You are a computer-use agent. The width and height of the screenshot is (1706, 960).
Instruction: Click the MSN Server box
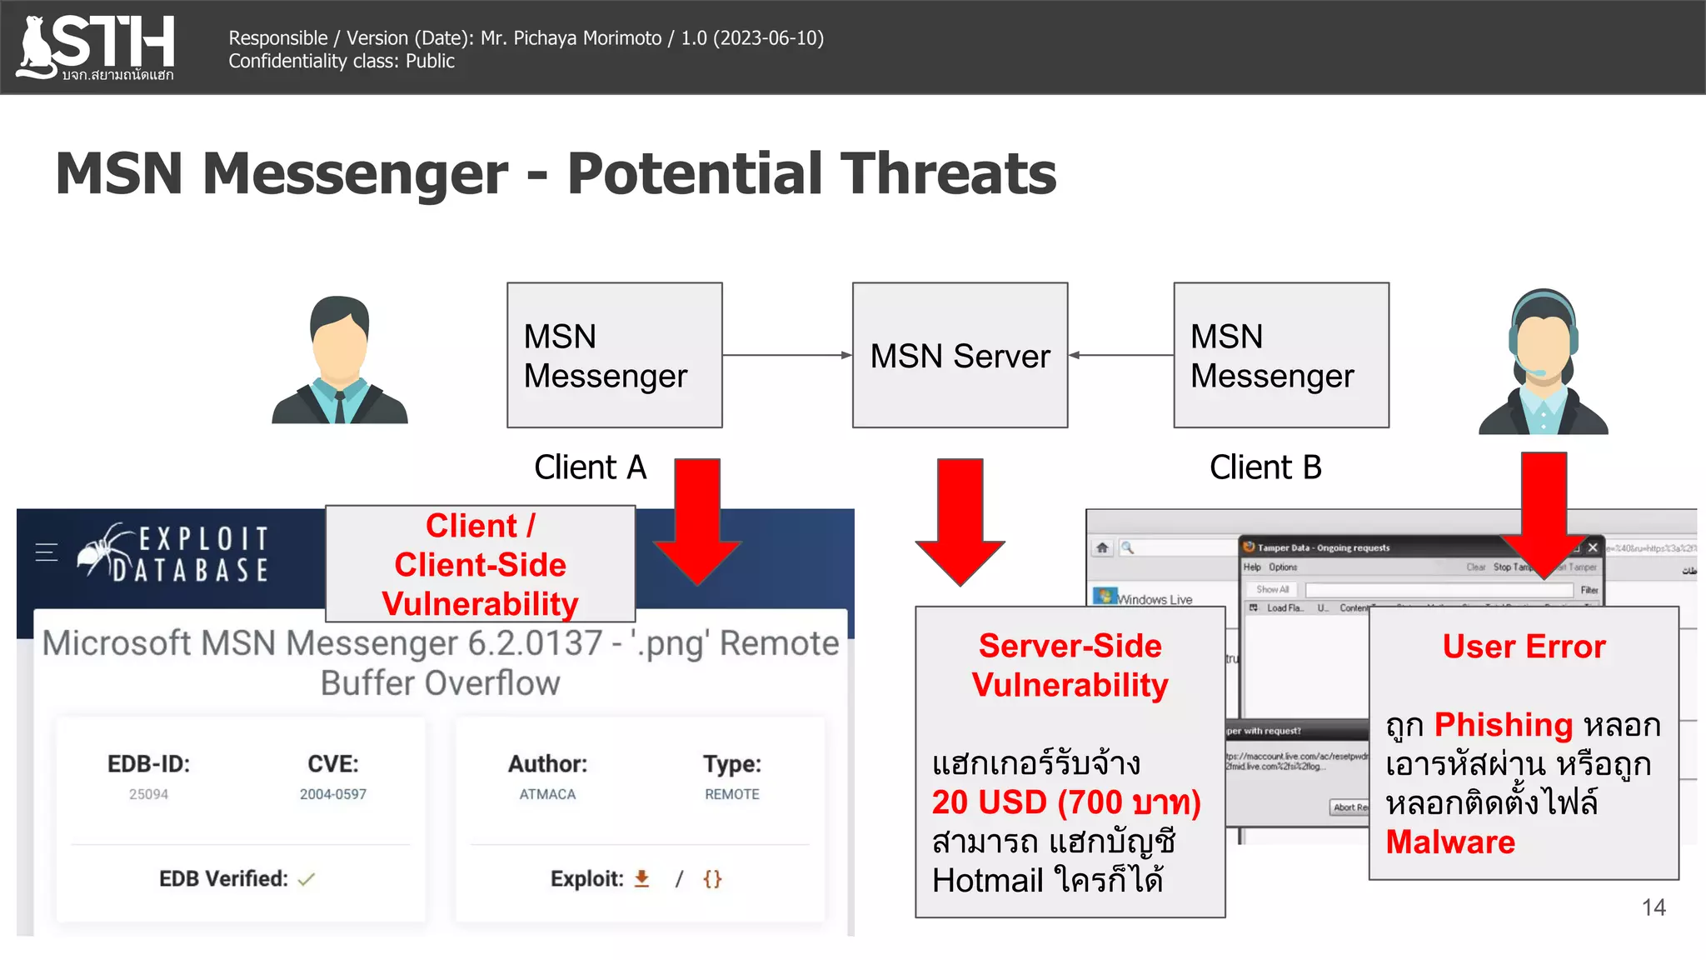click(x=960, y=356)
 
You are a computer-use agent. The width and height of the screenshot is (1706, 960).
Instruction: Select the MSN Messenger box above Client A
click(x=614, y=356)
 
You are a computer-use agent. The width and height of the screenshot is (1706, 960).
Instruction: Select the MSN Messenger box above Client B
click(x=1280, y=356)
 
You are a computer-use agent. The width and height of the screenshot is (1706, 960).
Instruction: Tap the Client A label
click(x=590, y=467)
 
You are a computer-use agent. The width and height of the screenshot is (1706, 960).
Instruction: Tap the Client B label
click(x=1265, y=467)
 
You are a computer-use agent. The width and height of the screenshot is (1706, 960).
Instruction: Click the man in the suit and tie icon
click(x=339, y=360)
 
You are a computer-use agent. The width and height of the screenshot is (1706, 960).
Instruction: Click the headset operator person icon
click(x=1543, y=362)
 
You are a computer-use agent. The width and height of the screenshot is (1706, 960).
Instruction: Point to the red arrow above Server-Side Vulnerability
click(x=960, y=521)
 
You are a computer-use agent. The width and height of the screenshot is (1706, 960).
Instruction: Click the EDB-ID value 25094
click(x=148, y=794)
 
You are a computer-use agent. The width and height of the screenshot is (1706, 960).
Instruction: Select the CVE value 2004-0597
click(x=332, y=794)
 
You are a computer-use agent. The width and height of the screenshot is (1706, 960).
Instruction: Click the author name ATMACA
click(x=547, y=794)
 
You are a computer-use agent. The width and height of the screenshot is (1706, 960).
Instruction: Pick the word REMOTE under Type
click(x=731, y=794)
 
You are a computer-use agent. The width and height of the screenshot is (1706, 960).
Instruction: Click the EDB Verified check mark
click(x=307, y=879)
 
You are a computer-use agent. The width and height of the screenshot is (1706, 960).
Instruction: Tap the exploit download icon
click(x=641, y=879)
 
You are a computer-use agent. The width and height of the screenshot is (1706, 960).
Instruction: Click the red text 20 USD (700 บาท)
click(x=1065, y=802)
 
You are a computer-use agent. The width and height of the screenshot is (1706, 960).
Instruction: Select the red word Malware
click(x=1449, y=842)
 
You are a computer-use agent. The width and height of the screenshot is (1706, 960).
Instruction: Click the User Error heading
click(x=1523, y=647)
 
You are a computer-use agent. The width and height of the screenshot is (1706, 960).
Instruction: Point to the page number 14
click(x=1653, y=907)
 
